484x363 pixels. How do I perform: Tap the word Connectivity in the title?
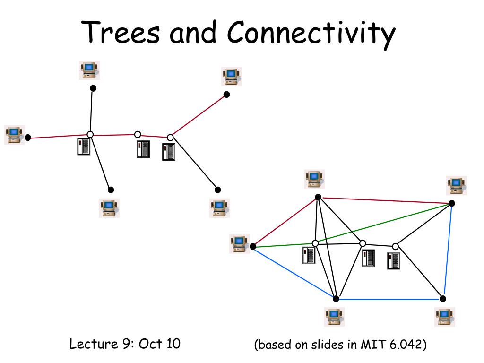click(x=311, y=34)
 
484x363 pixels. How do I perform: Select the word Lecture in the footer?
click(x=94, y=344)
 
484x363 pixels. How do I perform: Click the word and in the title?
click(x=193, y=33)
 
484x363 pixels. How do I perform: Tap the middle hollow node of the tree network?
click(x=138, y=135)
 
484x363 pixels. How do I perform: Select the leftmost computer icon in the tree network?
click(x=14, y=135)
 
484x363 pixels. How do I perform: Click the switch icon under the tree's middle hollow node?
click(x=143, y=149)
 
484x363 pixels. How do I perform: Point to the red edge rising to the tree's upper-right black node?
click(x=198, y=116)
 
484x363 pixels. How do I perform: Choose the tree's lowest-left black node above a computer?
click(x=111, y=190)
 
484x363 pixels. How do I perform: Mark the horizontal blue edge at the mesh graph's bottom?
click(x=389, y=299)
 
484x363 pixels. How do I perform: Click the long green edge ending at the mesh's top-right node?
click(x=352, y=225)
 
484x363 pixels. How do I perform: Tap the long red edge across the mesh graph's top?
click(x=385, y=200)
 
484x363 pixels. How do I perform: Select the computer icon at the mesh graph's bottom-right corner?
click(x=445, y=317)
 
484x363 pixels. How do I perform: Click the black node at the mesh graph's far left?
click(x=253, y=246)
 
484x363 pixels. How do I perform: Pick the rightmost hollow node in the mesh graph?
click(x=396, y=246)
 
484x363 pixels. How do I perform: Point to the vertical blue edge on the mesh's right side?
click(x=448, y=251)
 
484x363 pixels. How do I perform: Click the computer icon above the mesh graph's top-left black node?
click(x=314, y=179)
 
